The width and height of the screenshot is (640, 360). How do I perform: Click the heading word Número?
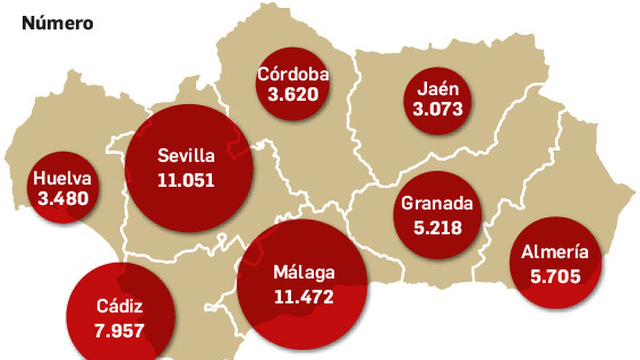[58, 23]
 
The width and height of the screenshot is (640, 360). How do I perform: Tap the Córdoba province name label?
[293, 74]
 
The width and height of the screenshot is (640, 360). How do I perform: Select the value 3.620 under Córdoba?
[293, 95]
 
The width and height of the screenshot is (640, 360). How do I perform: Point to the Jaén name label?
[438, 89]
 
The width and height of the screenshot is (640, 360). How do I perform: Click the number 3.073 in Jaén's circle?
[438, 109]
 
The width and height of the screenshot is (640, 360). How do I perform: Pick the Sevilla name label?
[186, 156]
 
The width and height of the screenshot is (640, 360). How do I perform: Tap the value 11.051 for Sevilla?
[186, 180]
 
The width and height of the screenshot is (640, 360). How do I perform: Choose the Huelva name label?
[62, 178]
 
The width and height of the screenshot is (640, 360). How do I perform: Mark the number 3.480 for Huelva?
[63, 199]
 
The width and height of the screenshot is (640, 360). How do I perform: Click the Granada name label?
[437, 203]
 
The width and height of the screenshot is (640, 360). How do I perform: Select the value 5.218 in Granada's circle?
[437, 228]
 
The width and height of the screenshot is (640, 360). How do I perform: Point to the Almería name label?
[555, 252]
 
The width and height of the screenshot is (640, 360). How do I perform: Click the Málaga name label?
[304, 272]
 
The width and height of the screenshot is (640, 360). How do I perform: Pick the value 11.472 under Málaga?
[304, 297]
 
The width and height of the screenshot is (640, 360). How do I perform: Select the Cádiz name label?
[120, 306]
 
